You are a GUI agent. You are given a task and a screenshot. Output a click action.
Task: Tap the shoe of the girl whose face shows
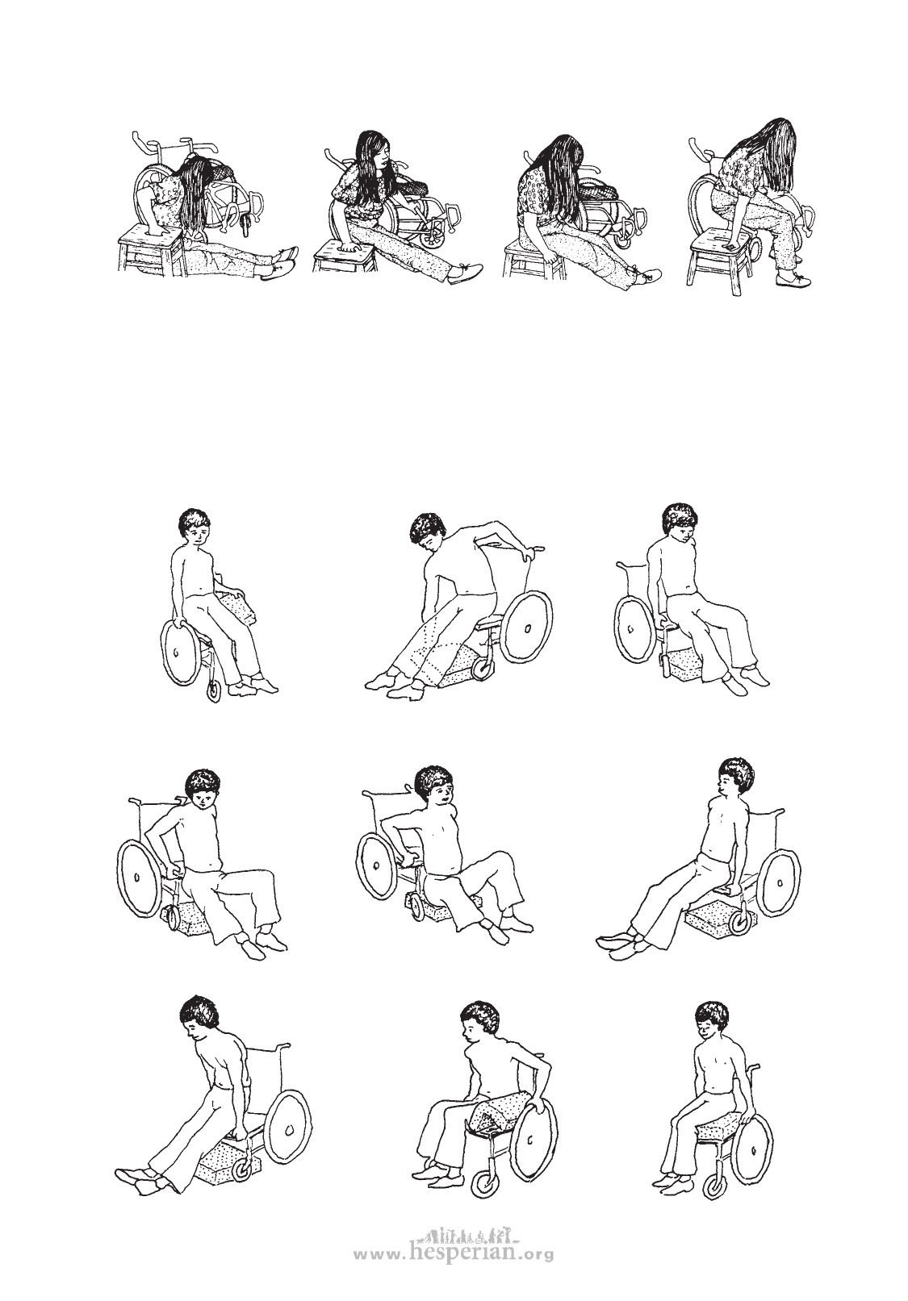pyautogui.click(x=466, y=273)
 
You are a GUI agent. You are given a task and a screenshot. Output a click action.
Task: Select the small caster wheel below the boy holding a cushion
pyautogui.click(x=213, y=692)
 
